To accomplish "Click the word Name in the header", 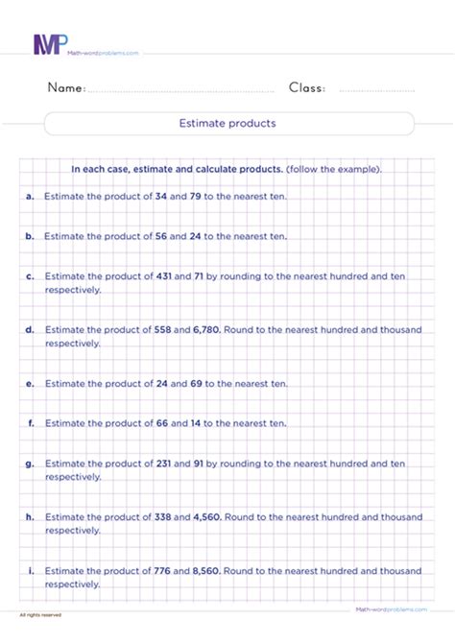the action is (67, 88).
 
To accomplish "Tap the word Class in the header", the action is (307, 88).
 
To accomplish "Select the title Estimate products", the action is (227, 124).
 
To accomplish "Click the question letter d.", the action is (31, 329).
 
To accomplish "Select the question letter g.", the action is (31, 463).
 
